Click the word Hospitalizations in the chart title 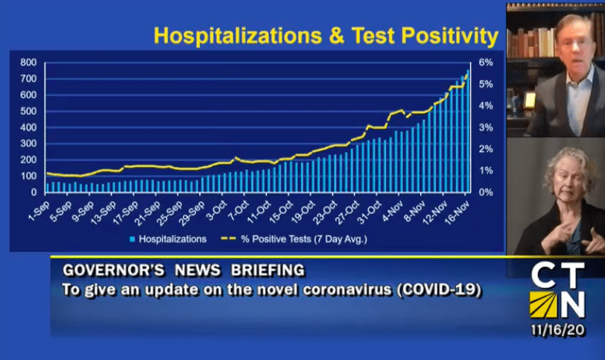click(238, 36)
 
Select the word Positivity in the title click(450, 37)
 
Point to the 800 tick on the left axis click(28, 63)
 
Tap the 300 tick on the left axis click(28, 144)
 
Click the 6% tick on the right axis click(486, 63)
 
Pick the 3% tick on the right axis click(486, 127)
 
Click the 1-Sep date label click(39, 211)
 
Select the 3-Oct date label click(217, 211)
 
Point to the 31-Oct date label click(370, 212)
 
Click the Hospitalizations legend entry click(168, 239)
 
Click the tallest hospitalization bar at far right click(468, 131)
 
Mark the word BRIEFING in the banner click(267, 271)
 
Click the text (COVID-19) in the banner click(440, 290)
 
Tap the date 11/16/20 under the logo click(557, 330)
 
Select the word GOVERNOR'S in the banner click(114, 271)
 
